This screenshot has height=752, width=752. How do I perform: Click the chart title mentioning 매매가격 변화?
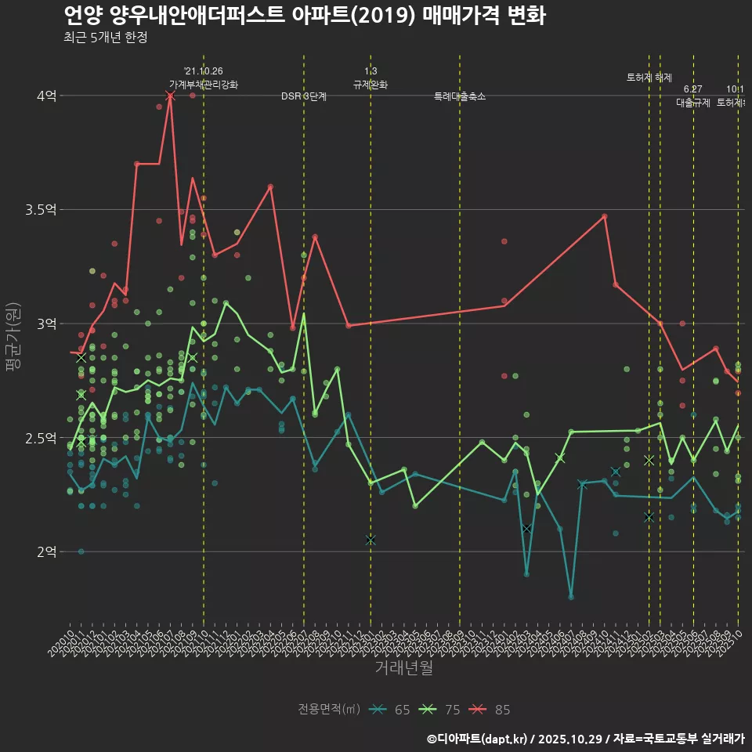tap(304, 15)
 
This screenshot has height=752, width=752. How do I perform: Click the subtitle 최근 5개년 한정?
tap(105, 38)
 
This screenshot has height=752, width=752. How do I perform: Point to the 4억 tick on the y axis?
tap(46, 96)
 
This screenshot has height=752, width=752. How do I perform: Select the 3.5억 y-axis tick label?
tap(41, 210)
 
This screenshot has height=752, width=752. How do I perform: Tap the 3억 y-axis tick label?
tap(46, 324)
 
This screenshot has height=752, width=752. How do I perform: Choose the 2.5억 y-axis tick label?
tap(41, 438)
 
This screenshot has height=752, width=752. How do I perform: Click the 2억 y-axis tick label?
tap(46, 551)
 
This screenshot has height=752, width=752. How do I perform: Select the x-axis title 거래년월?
tap(403, 668)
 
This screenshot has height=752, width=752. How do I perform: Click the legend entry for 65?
tap(392, 710)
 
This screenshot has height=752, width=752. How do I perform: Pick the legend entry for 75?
tap(442, 710)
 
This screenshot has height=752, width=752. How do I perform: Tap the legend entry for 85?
tap(492, 710)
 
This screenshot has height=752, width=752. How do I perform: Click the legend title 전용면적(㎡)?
tap(329, 710)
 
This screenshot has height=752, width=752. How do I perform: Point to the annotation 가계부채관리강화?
tap(204, 85)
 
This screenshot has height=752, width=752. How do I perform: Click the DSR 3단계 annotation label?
tap(304, 96)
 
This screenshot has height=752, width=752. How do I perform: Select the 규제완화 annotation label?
tap(371, 85)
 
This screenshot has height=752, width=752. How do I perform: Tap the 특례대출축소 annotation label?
tap(460, 96)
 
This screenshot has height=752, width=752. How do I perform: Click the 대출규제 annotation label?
tap(692, 103)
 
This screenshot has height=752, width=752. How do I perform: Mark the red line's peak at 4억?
tap(170, 96)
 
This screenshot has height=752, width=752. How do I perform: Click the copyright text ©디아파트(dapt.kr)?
tap(477, 738)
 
